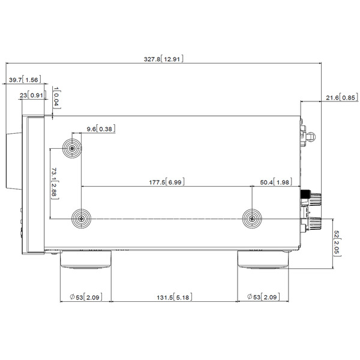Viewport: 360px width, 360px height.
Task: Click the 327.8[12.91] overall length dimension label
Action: (163, 59)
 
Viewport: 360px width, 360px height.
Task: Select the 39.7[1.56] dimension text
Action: (25, 80)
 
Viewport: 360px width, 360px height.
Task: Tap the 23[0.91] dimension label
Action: (33, 95)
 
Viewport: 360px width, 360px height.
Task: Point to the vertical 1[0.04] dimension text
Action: (56, 98)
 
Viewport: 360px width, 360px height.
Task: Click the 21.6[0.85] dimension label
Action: (342, 98)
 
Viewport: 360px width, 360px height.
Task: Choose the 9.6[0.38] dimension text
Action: (101, 129)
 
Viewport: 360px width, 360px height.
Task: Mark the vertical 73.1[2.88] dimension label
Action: (54, 184)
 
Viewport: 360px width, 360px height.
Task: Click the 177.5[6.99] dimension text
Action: (167, 182)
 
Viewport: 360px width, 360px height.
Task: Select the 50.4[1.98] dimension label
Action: (276, 182)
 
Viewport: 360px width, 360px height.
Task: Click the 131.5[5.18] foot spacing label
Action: (174, 297)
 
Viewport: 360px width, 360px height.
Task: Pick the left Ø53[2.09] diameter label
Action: (86, 297)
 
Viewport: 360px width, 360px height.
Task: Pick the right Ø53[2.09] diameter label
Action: (263, 296)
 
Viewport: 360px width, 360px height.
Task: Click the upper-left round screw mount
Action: (72, 148)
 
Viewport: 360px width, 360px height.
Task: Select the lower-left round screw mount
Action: (81, 218)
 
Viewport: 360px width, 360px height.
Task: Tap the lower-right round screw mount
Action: (252, 219)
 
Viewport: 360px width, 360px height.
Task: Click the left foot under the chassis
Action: (86, 259)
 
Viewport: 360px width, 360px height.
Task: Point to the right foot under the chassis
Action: (263, 259)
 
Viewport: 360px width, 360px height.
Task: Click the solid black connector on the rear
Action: (305, 194)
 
